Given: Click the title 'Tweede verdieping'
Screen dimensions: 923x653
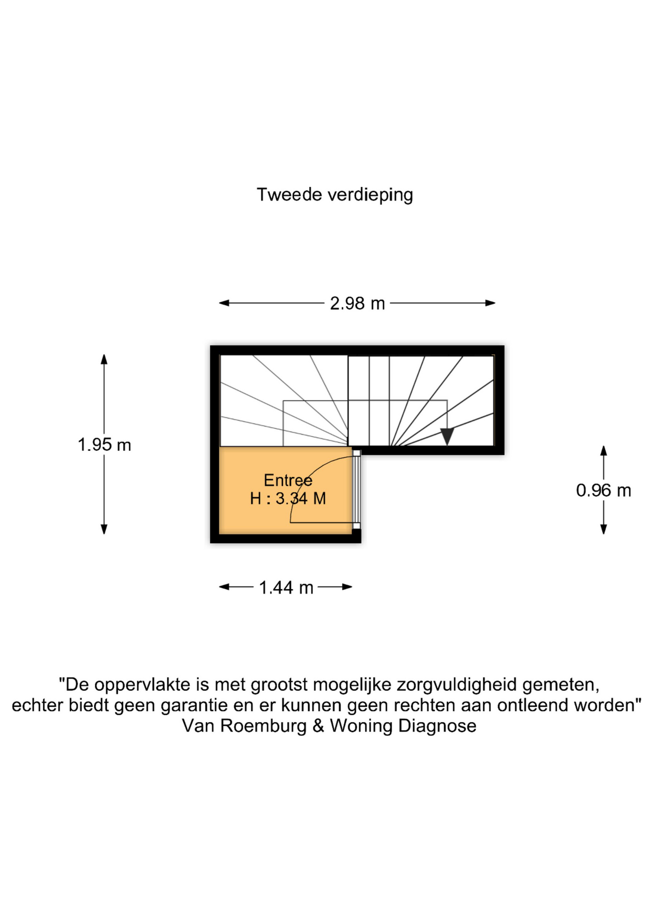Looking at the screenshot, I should coord(335,195).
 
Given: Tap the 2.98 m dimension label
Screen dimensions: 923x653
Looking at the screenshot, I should coord(357,303).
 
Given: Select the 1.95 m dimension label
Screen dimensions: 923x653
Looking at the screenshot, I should coord(104,445).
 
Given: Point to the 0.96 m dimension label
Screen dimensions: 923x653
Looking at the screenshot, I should coord(603,490).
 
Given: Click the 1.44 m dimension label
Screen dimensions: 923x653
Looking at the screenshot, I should coord(286,587).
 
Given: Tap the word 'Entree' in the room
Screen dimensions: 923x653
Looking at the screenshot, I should coord(288,480).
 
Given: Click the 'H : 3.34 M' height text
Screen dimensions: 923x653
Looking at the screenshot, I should coord(288,499).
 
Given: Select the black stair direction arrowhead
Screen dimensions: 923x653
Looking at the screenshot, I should coord(447,436).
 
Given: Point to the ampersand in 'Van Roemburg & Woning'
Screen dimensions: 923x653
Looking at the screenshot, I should coord(318,726).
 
